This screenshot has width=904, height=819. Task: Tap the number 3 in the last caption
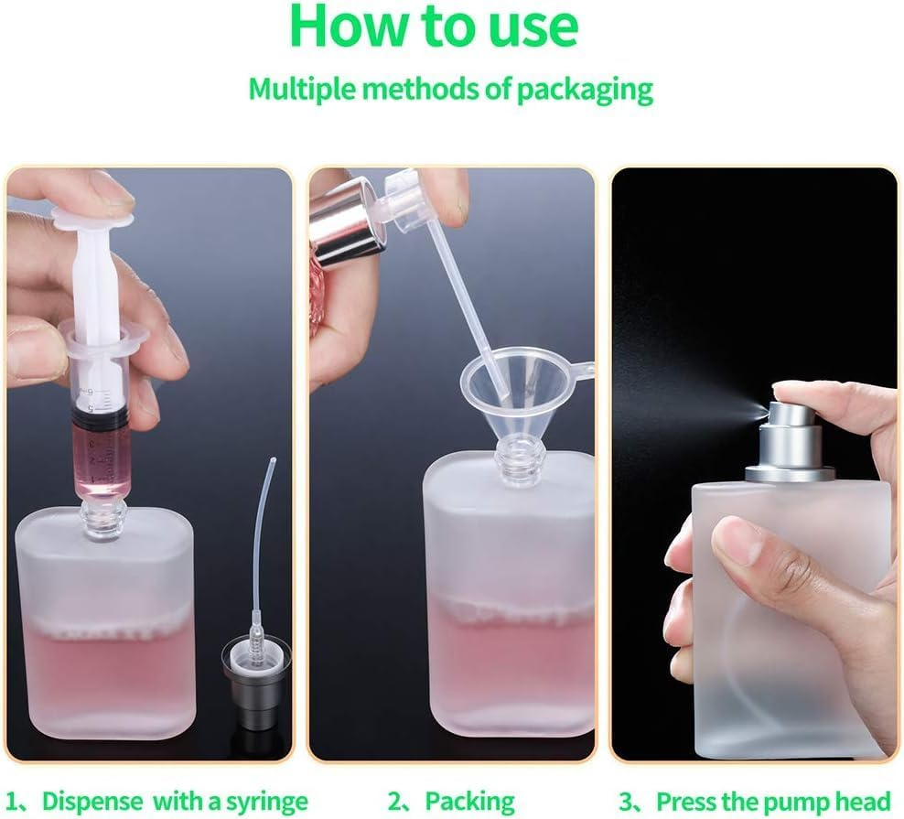(x=624, y=801)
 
